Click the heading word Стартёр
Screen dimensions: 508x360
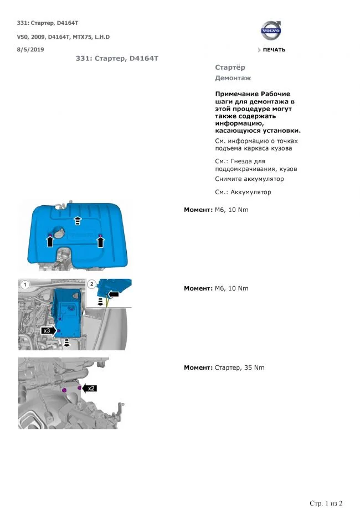coord(230,68)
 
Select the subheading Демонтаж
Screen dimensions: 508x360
coord(233,78)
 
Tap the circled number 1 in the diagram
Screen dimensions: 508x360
coord(25,284)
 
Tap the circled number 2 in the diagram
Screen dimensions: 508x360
coord(91,284)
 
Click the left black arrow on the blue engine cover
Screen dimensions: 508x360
coord(50,240)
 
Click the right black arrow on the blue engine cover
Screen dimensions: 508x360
coord(100,241)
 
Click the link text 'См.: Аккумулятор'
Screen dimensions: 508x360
coord(243,192)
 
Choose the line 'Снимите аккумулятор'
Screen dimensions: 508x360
coord(249,179)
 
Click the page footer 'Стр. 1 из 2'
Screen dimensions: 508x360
coord(326,503)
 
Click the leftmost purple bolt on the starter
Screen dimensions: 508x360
coord(64,390)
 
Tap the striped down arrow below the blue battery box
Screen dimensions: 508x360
coord(67,344)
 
